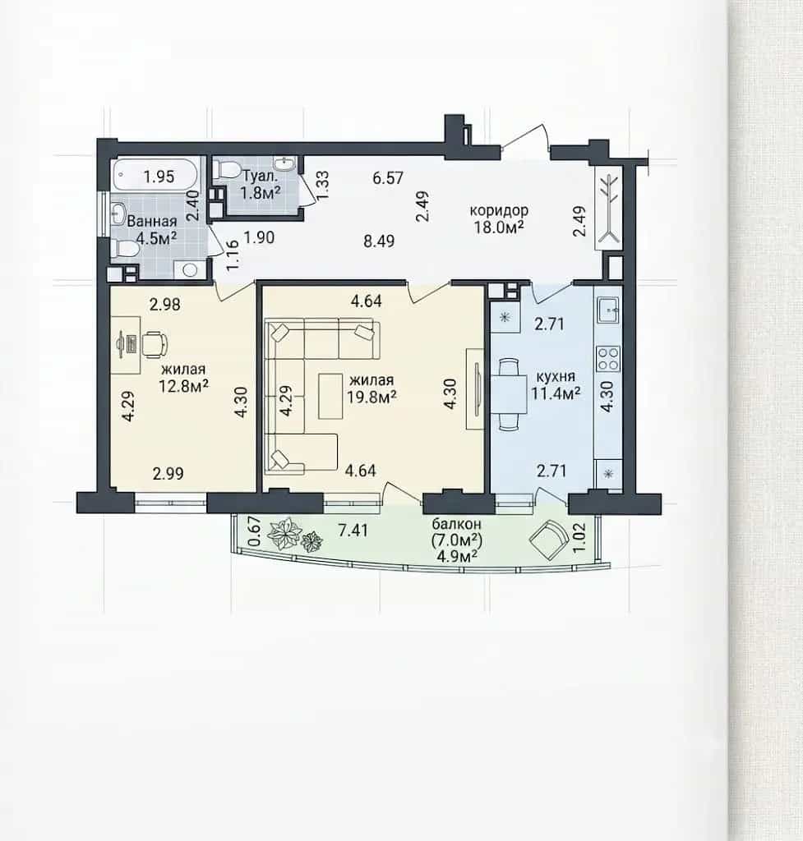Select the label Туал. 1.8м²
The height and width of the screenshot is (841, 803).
point(261,184)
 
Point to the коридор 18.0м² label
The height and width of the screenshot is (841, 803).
point(499,218)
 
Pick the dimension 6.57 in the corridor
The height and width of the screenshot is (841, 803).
point(388,177)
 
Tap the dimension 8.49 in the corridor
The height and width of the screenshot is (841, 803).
point(379,241)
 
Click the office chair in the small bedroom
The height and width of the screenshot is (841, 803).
point(155,344)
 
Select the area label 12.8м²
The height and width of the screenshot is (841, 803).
point(183,386)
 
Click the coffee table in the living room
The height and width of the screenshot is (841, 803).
point(330,396)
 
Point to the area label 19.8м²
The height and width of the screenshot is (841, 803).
point(372,397)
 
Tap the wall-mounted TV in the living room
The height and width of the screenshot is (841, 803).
point(476,388)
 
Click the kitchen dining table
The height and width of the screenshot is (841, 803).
point(509,393)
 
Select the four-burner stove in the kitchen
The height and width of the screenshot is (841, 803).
point(608,359)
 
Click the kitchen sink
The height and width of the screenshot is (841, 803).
point(608,310)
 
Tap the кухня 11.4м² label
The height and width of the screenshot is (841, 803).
point(556,384)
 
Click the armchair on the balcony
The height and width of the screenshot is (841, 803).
point(548,540)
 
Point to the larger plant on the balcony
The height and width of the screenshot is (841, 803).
point(284,533)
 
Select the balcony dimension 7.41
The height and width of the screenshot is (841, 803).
point(353,531)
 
